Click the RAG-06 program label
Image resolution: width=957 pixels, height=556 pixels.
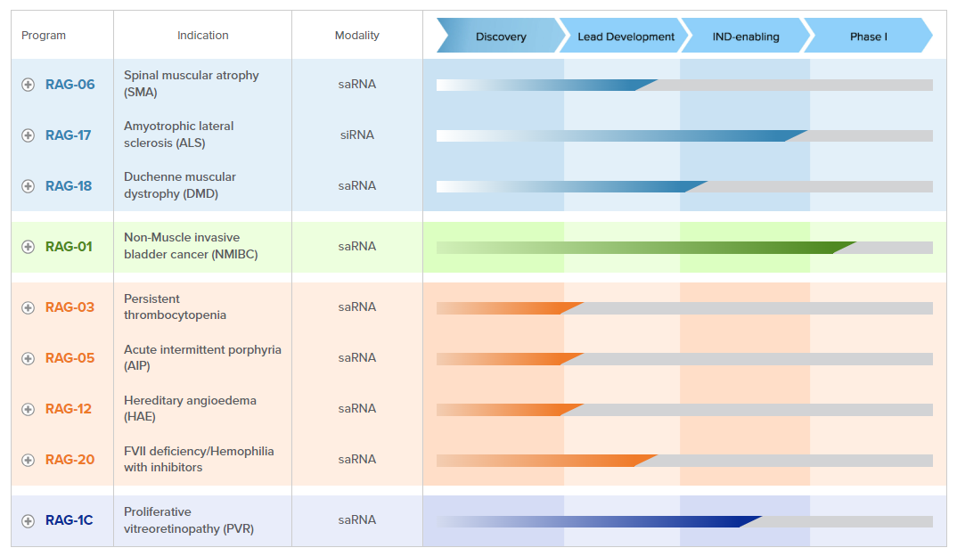(70, 85)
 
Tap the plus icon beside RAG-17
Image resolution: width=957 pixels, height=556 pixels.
(29, 135)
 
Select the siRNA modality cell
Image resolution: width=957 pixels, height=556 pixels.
(356, 135)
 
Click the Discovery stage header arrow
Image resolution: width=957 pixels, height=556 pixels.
(500, 37)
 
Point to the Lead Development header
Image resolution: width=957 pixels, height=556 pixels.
(626, 37)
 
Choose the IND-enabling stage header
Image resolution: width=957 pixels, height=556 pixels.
(746, 37)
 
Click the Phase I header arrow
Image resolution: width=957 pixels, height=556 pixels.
(868, 37)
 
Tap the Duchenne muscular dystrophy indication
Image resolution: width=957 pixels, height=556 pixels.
(179, 185)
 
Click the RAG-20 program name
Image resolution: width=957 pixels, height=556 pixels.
(70, 460)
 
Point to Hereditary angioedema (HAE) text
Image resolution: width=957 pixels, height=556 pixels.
(190, 408)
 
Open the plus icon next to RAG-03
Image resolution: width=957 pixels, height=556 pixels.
(29, 307)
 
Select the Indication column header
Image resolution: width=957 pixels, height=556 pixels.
(202, 36)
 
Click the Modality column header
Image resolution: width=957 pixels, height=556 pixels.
(356, 36)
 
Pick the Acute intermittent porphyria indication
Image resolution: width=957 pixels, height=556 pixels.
(202, 357)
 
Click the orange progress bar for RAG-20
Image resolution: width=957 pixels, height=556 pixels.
(544, 461)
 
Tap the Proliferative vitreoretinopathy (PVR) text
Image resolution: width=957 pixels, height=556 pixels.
(189, 520)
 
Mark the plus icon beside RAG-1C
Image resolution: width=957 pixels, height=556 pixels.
(29, 520)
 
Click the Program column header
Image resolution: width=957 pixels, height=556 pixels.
(44, 36)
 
